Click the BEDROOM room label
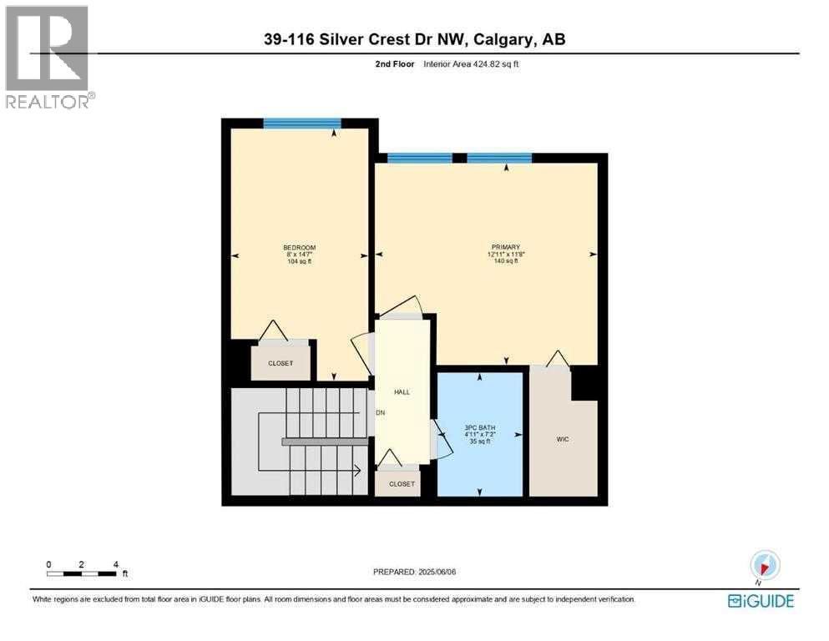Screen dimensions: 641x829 [x=299, y=247]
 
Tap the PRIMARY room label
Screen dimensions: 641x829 [x=505, y=247]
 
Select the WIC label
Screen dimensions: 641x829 [x=563, y=439]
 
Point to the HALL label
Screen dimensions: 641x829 [x=402, y=391]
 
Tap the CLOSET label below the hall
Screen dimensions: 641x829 [x=402, y=483]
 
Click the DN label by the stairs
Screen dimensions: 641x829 [x=380, y=413]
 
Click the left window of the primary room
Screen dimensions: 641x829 [x=420, y=158]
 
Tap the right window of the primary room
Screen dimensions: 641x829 [x=499, y=158]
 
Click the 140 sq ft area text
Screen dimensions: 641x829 [x=505, y=261]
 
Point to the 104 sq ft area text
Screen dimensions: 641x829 [x=299, y=261]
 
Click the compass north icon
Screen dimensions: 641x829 [x=765, y=565]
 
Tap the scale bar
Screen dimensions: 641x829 [x=82, y=573]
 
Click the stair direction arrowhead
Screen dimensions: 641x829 [x=357, y=471]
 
